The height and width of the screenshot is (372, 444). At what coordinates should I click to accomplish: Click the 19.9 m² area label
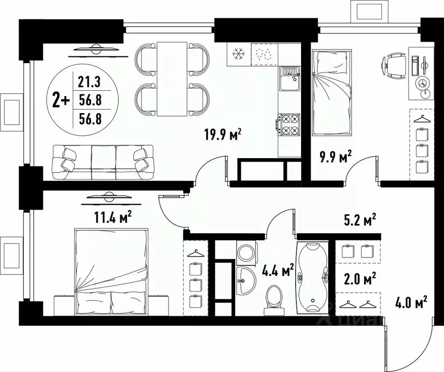[x=222, y=133]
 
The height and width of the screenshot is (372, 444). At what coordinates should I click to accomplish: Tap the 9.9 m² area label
[x=334, y=157]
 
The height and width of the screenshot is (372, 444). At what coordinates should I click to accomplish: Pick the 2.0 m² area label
[x=359, y=279]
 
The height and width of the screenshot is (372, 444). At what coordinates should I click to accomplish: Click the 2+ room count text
[x=61, y=100]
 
